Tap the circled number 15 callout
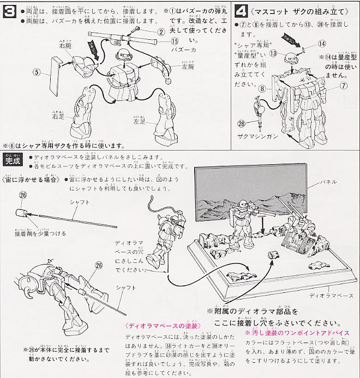[174, 41]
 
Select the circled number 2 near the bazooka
[161, 31]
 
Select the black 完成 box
[10, 161]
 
